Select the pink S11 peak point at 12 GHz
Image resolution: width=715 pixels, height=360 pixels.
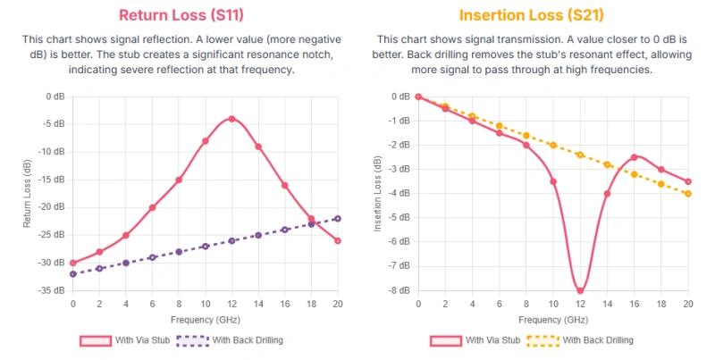click(x=231, y=119)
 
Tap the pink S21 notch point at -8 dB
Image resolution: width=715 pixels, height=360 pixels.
click(x=580, y=290)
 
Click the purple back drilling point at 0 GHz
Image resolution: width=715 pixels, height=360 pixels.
click(x=72, y=273)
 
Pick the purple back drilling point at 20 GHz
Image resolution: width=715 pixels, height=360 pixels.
click(x=338, y=218)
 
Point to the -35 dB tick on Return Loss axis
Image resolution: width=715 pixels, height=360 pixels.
click(x=55, y=290)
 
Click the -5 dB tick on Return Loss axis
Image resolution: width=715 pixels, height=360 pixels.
click(x=55, y=124)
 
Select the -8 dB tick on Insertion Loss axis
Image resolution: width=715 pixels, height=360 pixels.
click(x=400, y=290)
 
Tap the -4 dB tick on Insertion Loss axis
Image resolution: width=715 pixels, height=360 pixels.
click(x=400, y=193)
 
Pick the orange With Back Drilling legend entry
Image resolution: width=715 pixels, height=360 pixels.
click(x=565, y=340)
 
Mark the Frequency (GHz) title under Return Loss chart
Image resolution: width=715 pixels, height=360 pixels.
click(x=205, y=319)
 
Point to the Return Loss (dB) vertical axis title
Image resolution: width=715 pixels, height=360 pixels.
click(x=29, y=193)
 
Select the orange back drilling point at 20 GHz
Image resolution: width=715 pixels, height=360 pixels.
click(x=688, y=193)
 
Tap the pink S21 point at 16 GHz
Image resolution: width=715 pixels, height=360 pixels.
click(x=634, y=157)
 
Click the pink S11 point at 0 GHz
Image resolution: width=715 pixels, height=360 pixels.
click(x=72, y=263)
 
